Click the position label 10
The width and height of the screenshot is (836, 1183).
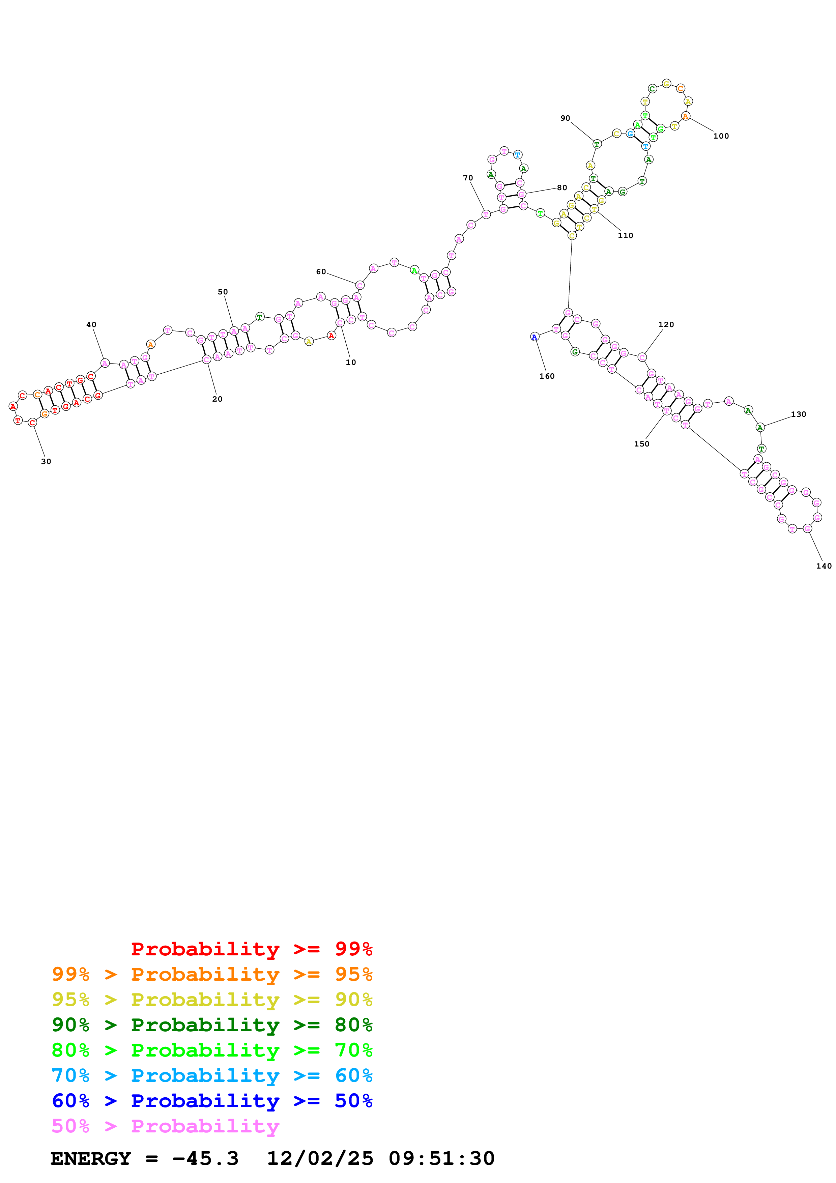point(350,362)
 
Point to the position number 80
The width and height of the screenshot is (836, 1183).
point(561,187)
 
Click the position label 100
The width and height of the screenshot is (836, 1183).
point(721,136)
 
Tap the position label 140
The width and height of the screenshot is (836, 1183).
point(823,566)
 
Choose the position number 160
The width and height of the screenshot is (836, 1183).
point(547,376)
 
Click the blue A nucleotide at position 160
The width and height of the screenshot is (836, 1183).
point(534,337)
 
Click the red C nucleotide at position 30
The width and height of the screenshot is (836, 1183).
point(32,423)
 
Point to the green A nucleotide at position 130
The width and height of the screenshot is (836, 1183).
point(760,428)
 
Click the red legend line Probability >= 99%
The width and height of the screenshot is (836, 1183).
point(251,949)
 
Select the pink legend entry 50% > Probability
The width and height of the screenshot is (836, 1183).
point(165,1126)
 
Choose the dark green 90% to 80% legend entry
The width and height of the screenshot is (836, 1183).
point(212,1025)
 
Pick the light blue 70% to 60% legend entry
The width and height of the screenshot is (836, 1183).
point(212,1075)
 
